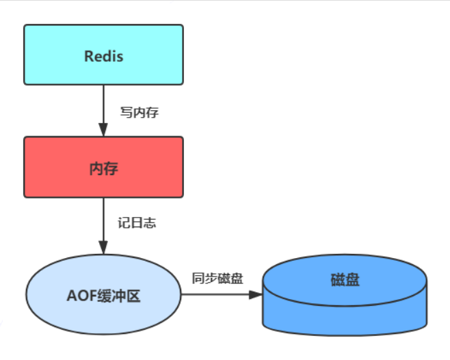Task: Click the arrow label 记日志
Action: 137,224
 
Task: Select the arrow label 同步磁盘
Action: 217,279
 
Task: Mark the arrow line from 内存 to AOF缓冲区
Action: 103,219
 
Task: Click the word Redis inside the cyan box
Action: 103,56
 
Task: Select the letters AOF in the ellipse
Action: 82,296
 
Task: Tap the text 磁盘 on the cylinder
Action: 345,280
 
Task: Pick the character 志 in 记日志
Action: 150,224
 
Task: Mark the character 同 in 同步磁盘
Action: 197,279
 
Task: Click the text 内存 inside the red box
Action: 103,168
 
